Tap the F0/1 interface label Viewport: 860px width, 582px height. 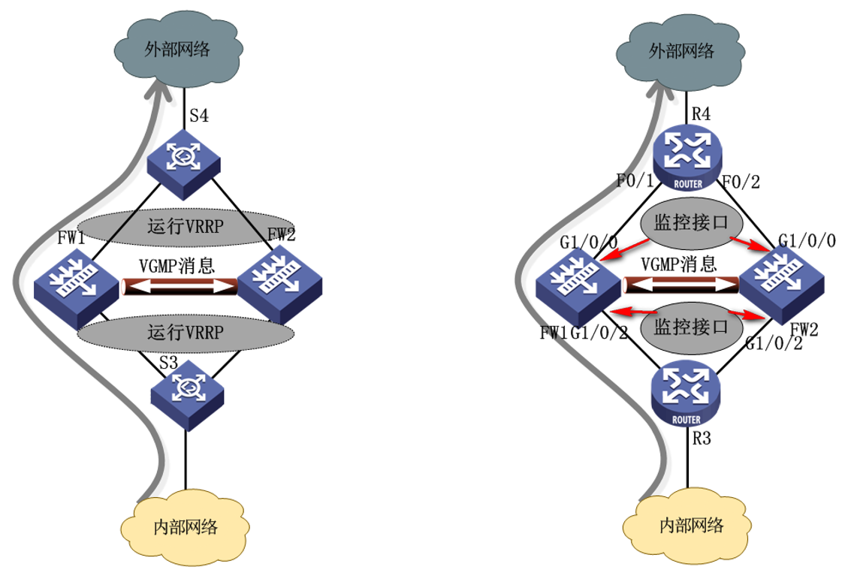coord(632,182)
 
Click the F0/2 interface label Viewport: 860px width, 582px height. coord(742,182)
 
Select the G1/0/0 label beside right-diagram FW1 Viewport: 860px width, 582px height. coord(589,242)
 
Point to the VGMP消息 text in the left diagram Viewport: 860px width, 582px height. coord(177,265)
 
